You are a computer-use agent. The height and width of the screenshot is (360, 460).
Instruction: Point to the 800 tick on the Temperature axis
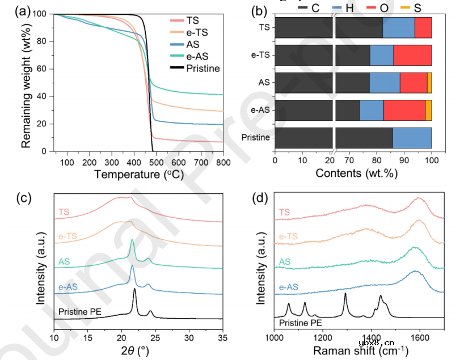(x=223, y=162)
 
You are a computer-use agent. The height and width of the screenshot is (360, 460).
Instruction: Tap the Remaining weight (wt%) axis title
(x=26, y=82)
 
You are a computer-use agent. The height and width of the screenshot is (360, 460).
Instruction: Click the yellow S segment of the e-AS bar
(x=428, y=109)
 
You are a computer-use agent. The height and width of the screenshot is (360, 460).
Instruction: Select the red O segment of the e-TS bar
(x=412, y=55)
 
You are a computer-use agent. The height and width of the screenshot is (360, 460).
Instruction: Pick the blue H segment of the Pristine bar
(x=412, y=138)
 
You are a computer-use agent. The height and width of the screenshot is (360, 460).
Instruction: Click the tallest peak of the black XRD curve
(x=134, y=290)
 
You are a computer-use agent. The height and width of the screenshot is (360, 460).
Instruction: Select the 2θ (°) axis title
(x=138, y=350)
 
